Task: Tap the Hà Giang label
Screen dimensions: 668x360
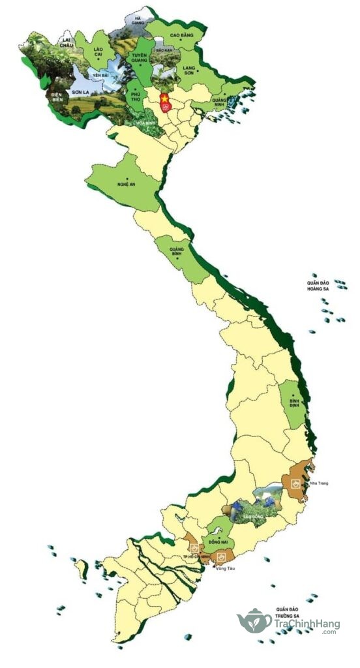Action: (137, 21)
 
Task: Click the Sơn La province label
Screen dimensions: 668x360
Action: (80, 93)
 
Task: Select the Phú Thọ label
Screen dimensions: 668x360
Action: (136, 97)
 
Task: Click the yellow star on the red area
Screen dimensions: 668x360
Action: (164, 99)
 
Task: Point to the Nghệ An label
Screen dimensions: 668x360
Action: (127, 185)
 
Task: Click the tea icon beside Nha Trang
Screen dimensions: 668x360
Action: (295, 484)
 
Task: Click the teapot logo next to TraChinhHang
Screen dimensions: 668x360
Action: (254, 622)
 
